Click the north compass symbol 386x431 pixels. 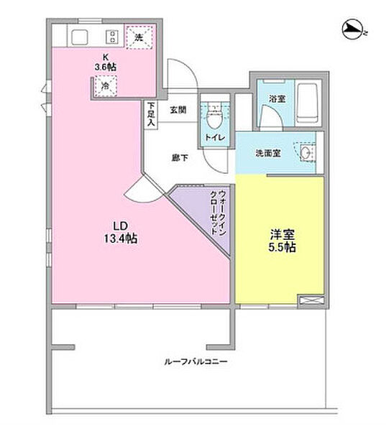(x=354, y=29)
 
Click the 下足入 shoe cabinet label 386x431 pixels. (x=151, y=115)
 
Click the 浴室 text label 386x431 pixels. (x=277, y=98)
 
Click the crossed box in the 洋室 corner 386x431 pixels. (x=310, y=301)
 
